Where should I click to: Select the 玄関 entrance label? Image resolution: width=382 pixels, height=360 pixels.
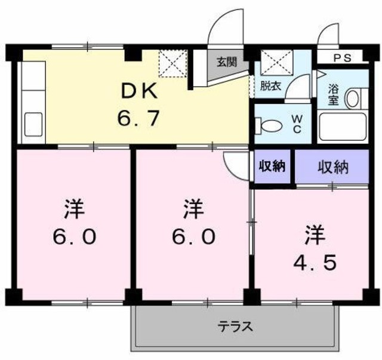[x=226, y=60]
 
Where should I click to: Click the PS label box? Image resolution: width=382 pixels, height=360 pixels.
[x=341, y=58]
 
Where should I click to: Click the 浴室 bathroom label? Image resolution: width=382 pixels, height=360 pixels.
[x=334, y=96]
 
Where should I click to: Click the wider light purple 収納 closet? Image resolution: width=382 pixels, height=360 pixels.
[x=332, y=167]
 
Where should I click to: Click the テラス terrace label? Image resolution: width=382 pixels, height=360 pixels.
[x=235, y=327]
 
